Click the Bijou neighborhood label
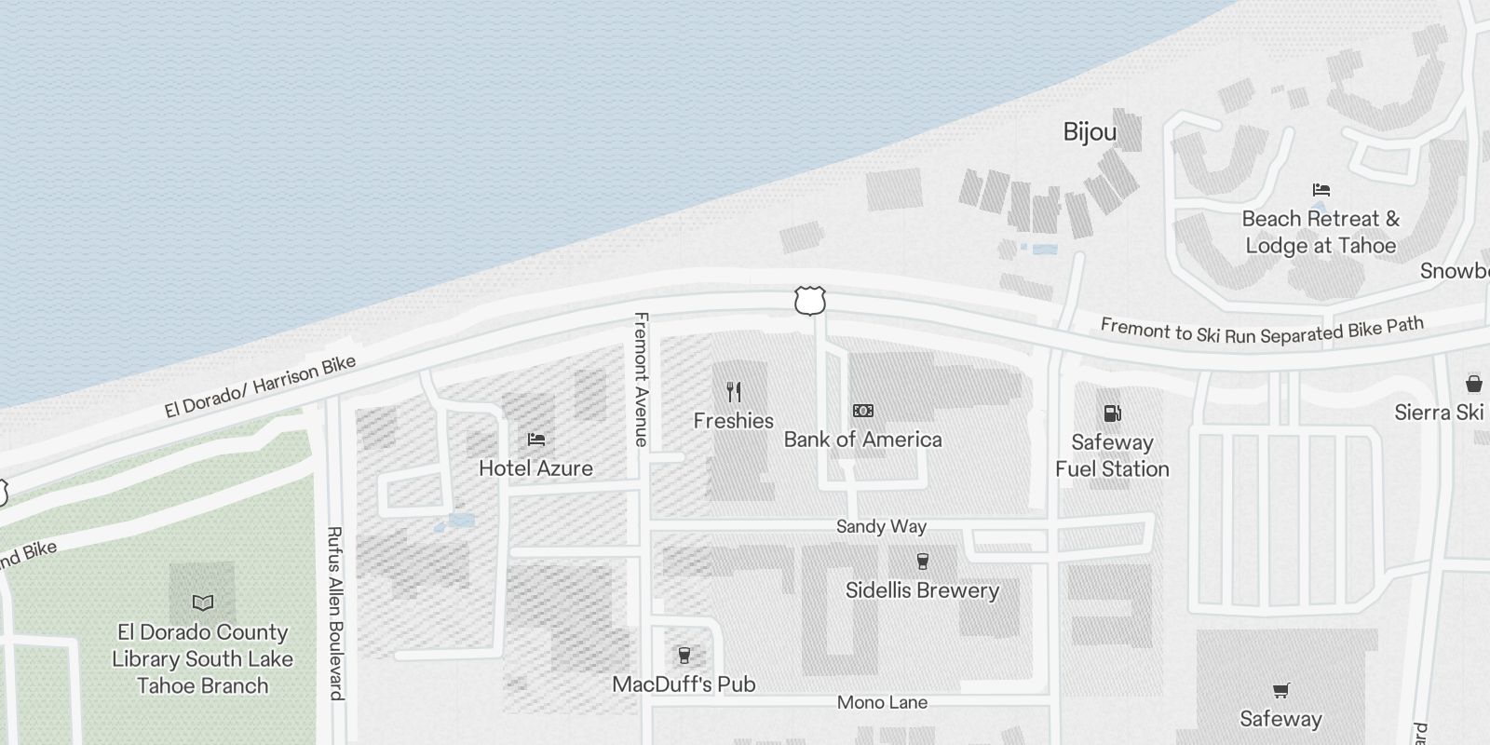point(1090,132)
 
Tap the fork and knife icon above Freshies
point(734,392)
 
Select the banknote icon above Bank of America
point(863,411)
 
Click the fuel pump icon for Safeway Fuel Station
point(1112,413)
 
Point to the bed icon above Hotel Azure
point(536,440)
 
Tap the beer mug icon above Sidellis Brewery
point(923,561)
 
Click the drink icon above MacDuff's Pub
point(684,655)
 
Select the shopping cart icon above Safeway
point(1280,690)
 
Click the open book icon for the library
point(202,603)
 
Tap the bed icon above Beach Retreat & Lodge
point(1321,190)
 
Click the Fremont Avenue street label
point(641,379)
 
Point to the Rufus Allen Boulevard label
point(335,613)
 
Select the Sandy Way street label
point(881,526)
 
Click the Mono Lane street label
point(882,702)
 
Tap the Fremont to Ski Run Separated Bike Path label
point(1262,330)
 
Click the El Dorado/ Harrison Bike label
point(261,386)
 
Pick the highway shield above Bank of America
point(810,301)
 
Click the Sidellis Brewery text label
point(922,590)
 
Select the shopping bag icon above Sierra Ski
point(1474,383)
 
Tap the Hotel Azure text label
point(535,468)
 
